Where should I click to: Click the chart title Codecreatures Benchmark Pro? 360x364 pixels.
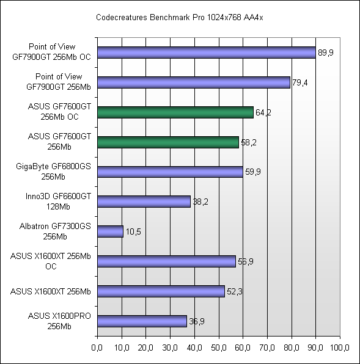pos(180,18)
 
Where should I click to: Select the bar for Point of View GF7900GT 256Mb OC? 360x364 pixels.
pos(206,53)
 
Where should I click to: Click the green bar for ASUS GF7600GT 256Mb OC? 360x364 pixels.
pos(175,112)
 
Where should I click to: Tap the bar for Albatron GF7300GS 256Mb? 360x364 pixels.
pos(110,231)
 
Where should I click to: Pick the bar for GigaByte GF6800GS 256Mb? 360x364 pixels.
pos(170,172)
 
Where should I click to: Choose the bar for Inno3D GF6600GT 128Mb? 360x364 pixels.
pos(144,202)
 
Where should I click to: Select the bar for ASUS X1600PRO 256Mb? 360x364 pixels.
pos(142,321)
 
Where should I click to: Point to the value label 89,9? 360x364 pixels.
pos(325,53)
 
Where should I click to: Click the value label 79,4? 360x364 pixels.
pos(299,82)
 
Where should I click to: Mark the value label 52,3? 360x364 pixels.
pos(235,292)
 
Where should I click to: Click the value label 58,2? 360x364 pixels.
pos(248,142)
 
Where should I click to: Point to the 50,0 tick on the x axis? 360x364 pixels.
pos(218,348)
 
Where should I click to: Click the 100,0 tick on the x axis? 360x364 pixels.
pos(339,348)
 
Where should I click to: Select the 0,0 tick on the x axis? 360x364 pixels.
pos(97,348)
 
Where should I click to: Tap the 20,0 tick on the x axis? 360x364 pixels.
pos(145,348)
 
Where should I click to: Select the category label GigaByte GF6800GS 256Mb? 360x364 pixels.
pos(56,172)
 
